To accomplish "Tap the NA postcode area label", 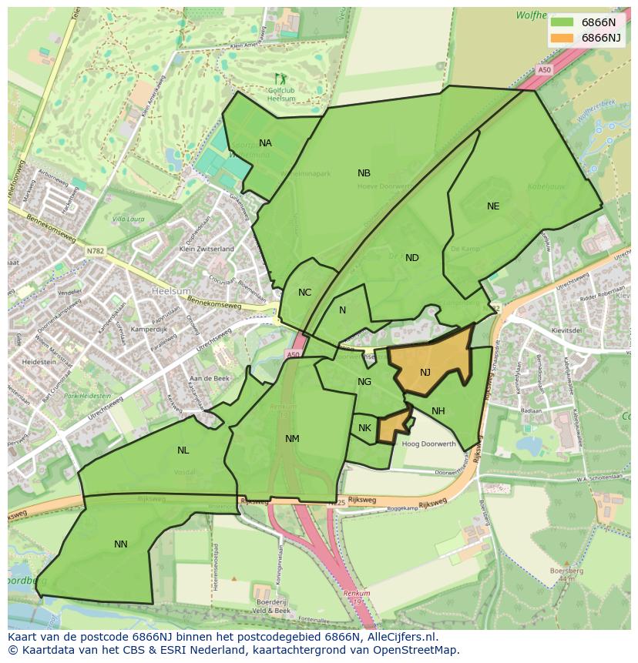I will tap(265, 143).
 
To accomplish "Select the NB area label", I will tap(364, 173).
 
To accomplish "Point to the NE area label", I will tap(493, 206).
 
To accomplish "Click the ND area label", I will tap(412, 258).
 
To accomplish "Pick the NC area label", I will tap(304, 293).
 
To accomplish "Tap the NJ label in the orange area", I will tap(425, 373).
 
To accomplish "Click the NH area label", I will tap(438, 411).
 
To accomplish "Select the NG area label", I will tap(364, 382).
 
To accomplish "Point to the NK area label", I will tap(364, 428).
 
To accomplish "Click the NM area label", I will tap(292, 439).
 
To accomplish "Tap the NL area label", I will tap(183, 450).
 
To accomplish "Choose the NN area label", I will tap(121, 544).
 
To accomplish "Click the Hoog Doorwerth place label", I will tap(429, 444).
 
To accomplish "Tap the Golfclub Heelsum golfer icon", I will tap(279, 79).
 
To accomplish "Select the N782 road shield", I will tap(95, 250).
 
